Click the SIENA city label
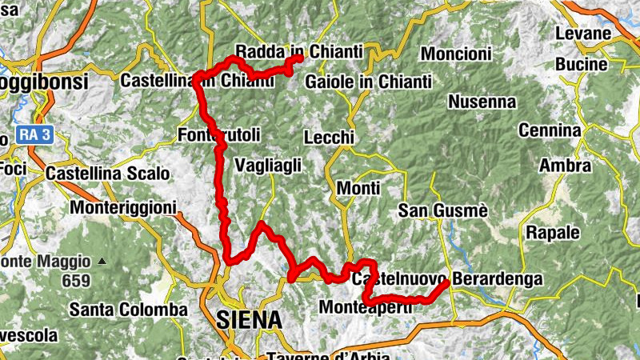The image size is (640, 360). pos(249,320)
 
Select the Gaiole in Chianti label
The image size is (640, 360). pos(368,82)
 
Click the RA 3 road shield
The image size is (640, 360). pos(34,135)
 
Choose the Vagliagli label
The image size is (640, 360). pos(268,165)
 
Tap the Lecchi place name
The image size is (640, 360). pos(329,138)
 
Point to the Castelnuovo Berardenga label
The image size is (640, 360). pos(447,279)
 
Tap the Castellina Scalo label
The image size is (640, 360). pos(107,173)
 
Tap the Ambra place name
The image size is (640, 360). pos(565,166)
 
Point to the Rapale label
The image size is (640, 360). pos(552,233)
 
